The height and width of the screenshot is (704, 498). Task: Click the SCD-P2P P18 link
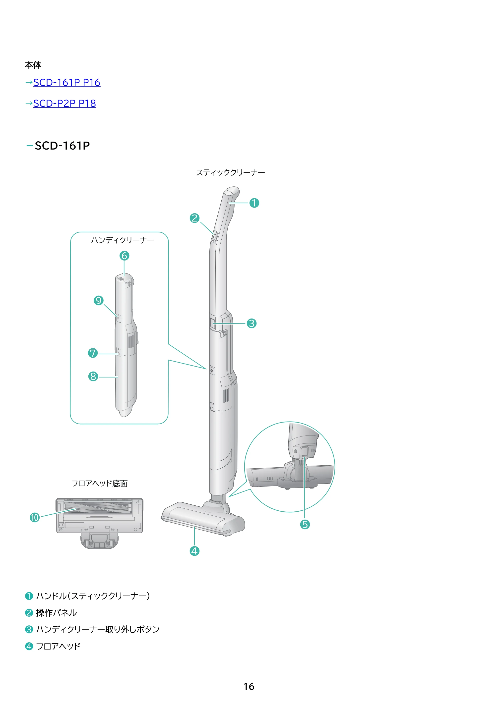click(x=64, y=103)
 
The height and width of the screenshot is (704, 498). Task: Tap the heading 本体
click(x=33, y=65)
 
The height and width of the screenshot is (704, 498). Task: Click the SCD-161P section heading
click(x=62, y=146)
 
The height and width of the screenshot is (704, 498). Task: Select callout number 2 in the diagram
click(x=194, y=218)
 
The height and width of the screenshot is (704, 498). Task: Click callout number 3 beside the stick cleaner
click(x=251, y=323)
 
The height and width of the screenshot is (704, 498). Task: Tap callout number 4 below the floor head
click(x=194, y=551)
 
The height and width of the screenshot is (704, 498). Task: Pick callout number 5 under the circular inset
click(x=305, y=524)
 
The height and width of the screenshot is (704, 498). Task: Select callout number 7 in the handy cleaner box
click(x=93, y=353)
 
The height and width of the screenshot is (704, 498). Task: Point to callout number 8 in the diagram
click(x=93, y=376)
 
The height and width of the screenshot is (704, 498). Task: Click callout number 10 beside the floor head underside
click(x=35, y=518)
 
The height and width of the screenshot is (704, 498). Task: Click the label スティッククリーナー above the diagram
click(x=230, y=173)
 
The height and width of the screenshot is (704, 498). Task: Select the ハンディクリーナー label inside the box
click(x=123, y=240)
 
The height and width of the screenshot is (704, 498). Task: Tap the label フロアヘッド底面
click(x=99, y=484)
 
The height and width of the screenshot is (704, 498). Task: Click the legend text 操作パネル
click(x=57, y=613)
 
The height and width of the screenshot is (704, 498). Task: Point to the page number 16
click(x=249, y=687)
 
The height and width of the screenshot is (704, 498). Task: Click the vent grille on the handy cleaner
click(x=131, y=341)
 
